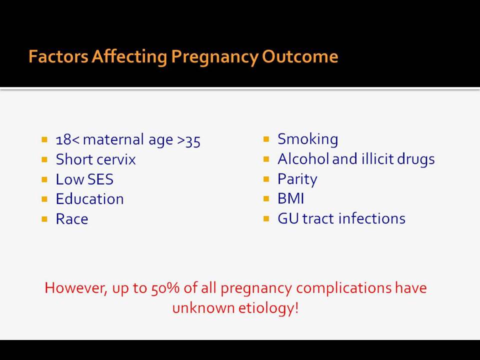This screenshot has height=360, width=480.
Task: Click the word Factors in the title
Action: [x=58, y=56]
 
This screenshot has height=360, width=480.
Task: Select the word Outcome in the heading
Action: [x=300, y=56]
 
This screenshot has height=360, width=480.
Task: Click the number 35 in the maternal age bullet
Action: [x=193, y=141]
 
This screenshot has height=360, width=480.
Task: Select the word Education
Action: [x=89, y=199]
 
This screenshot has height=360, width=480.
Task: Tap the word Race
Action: [x=72, y=219]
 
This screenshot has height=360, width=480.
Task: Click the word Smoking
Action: [x=307, y=140]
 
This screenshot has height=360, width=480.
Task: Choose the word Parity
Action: [x=297, y=179]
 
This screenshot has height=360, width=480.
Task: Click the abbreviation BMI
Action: [x=291, y=198]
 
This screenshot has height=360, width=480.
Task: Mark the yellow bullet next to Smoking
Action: [x=266, y=139]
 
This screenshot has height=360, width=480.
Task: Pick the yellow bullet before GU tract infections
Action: [x=266, y=218]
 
